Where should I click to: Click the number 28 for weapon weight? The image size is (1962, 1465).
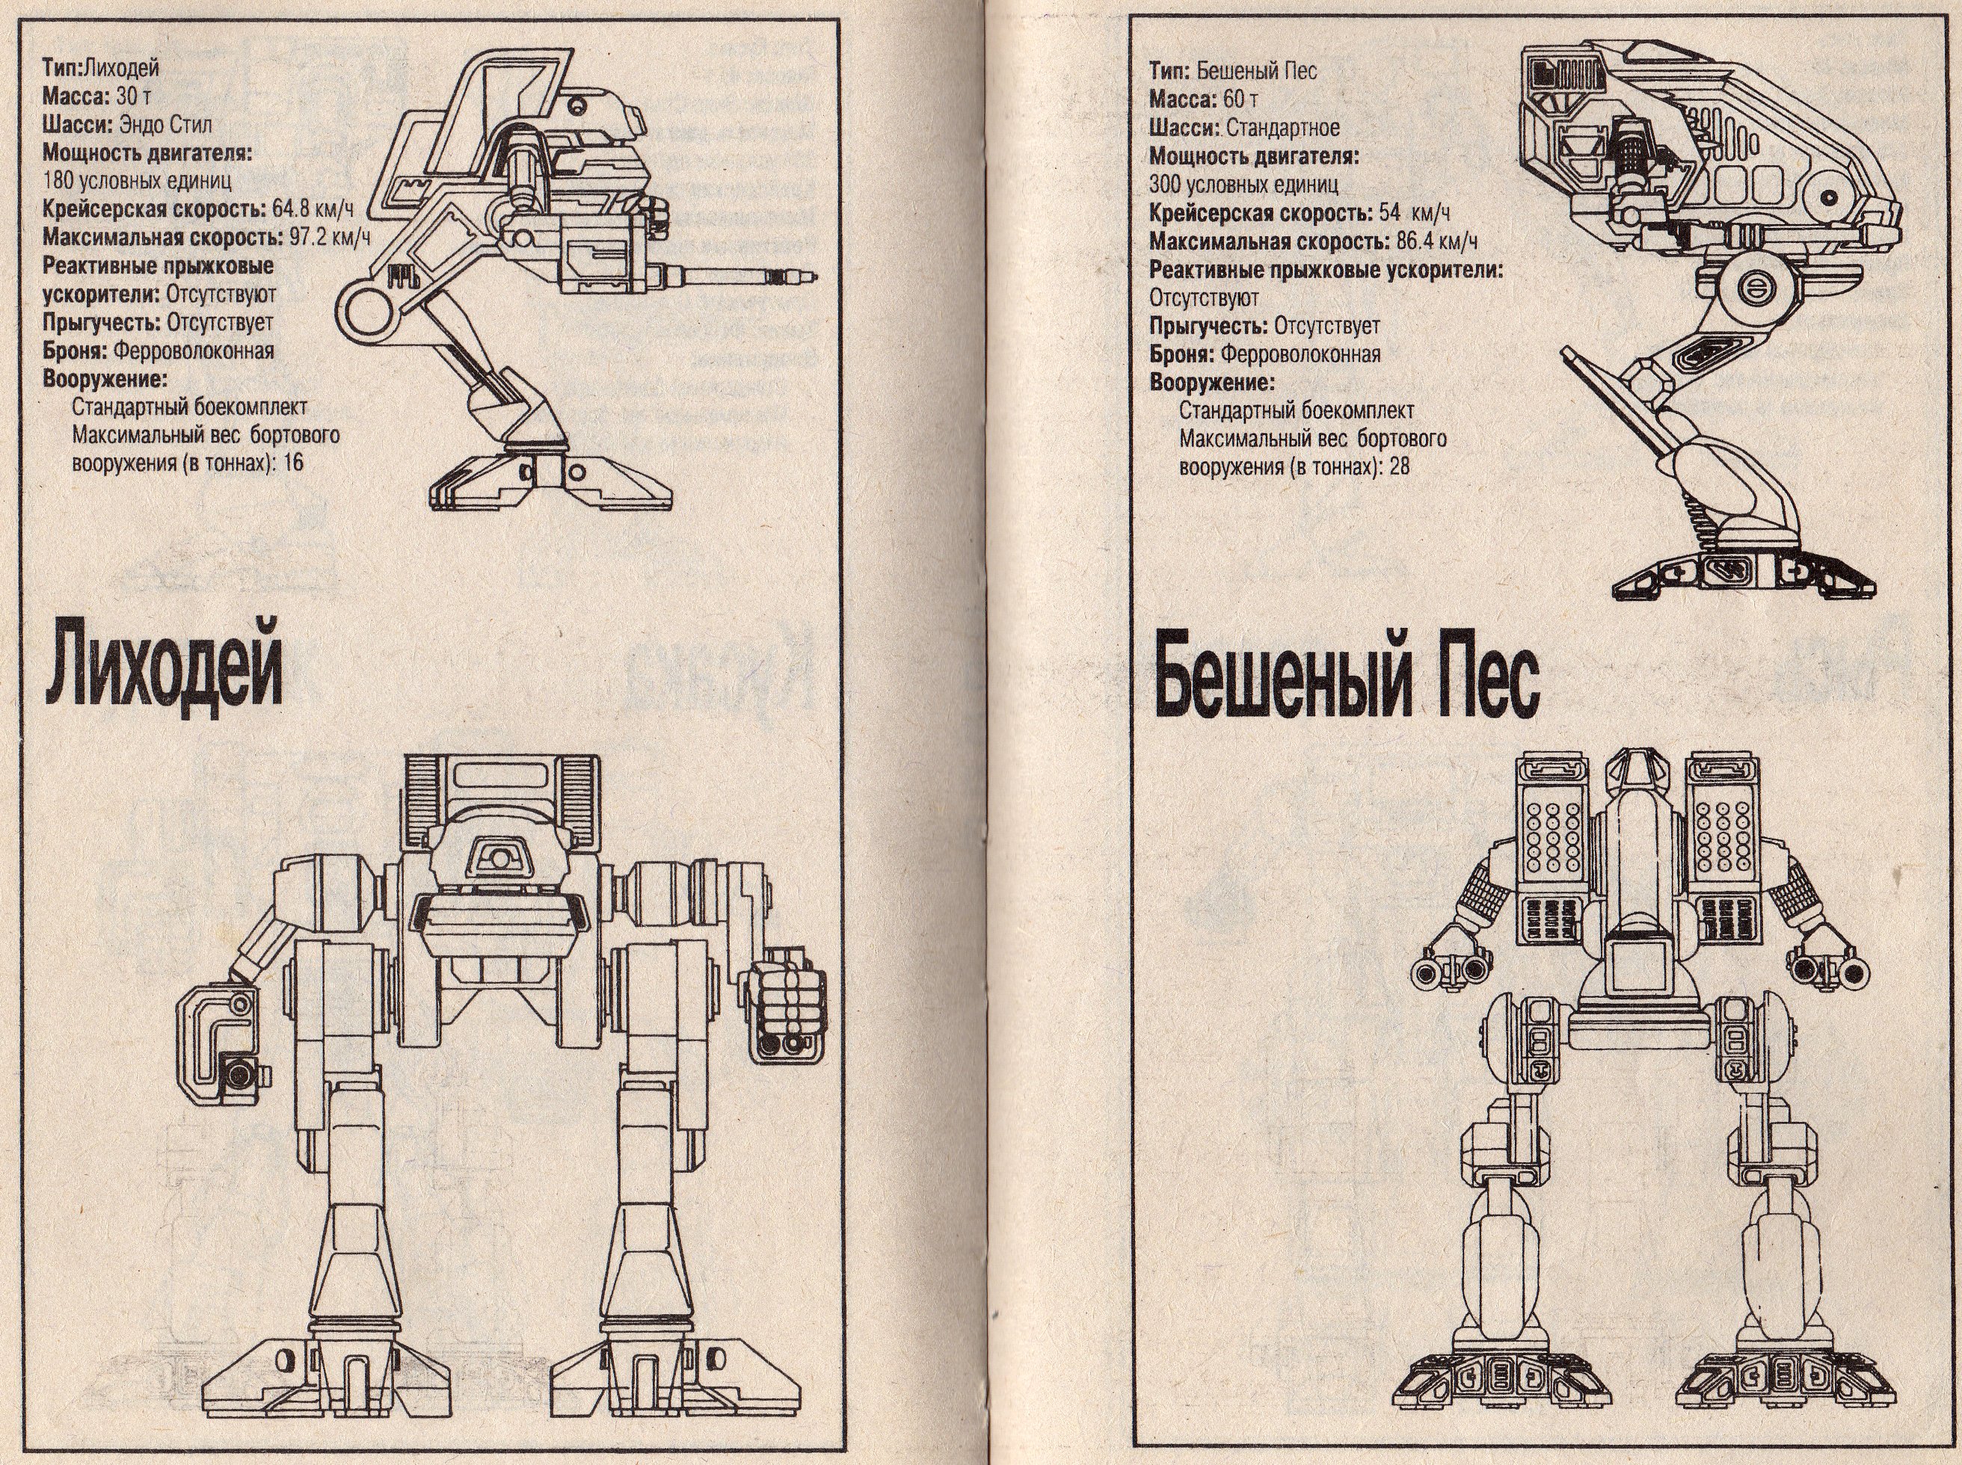[x=1399, y=466]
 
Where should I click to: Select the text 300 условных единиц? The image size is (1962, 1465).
[x=1243, y=185]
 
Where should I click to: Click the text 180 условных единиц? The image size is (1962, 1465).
[x=138, y=181]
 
